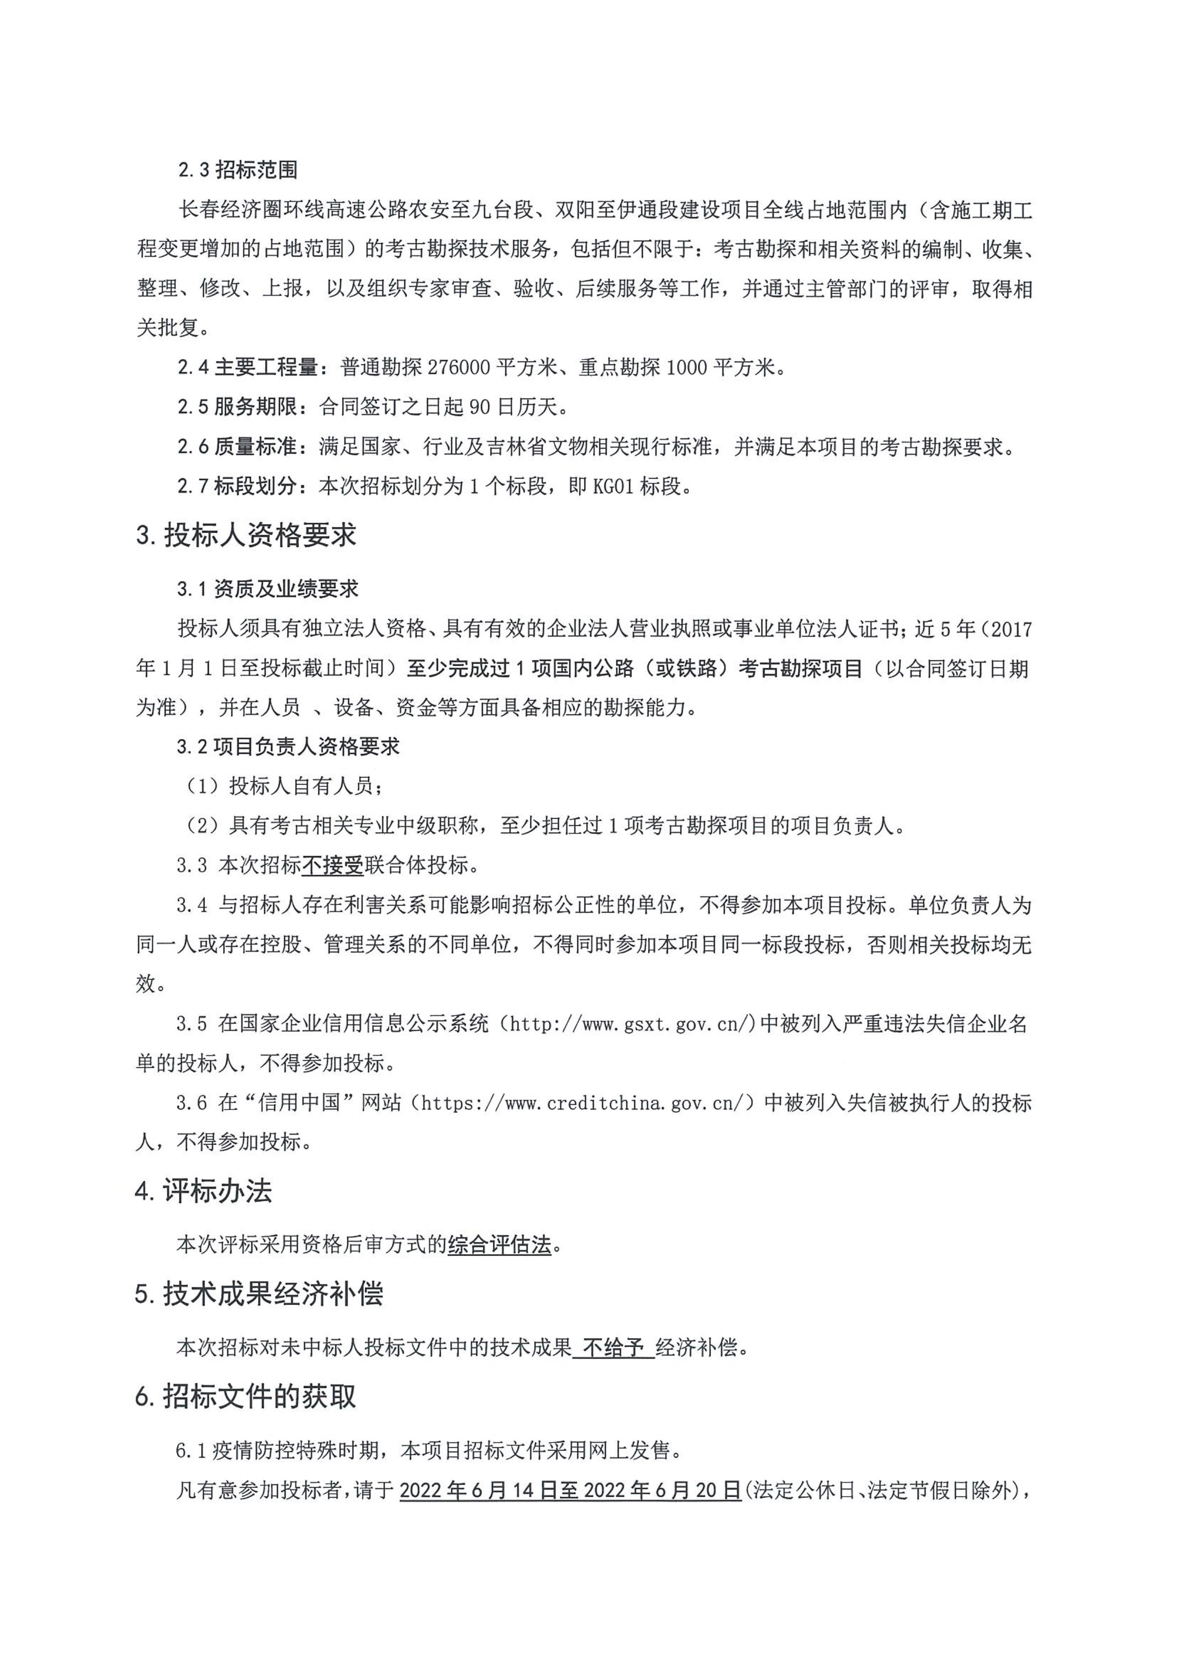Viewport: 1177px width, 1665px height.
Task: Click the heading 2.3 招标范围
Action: [x=238, y=170]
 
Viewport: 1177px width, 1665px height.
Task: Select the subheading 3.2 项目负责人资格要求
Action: [x=288, y=747]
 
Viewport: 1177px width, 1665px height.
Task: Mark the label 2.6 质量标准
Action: [x=238, y=447]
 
